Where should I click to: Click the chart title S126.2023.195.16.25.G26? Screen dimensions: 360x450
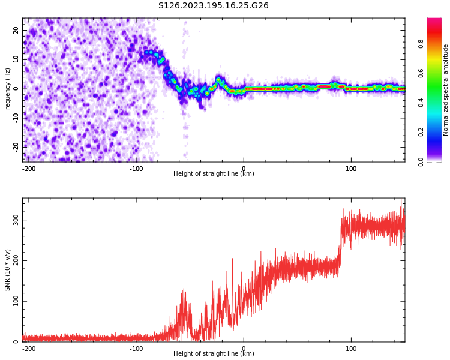(x=213, y=6)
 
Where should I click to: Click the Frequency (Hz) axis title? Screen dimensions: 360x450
(x=8, y=90)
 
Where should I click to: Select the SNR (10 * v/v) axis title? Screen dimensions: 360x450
(x=8, y=270)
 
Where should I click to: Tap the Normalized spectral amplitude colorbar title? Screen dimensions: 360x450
(x=446, y=90)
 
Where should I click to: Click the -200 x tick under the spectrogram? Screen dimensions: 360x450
(x=29, y=169)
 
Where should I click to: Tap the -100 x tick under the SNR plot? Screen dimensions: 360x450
(x=136, y=349)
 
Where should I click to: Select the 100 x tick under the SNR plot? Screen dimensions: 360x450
(x=351, y=349)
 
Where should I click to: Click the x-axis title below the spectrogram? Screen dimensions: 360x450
(x=214, y=174)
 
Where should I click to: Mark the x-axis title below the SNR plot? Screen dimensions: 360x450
(x=214, y=354)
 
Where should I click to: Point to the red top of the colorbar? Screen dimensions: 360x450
(x=434, y=22)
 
